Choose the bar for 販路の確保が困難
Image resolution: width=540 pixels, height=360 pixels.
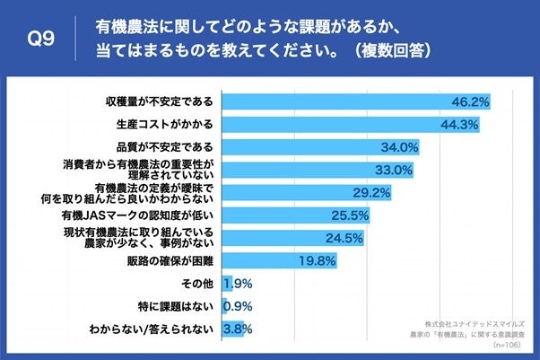[260, 261]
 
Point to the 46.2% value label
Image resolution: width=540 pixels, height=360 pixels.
[472, 101]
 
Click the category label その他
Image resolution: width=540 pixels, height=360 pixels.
[196, 285]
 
